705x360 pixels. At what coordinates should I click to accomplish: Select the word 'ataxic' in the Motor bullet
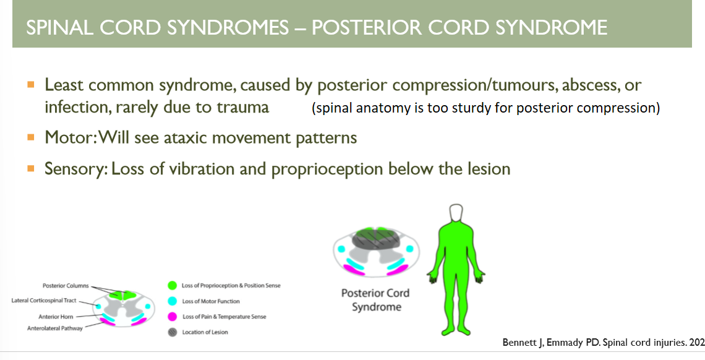180,137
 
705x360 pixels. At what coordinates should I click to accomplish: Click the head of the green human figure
458,214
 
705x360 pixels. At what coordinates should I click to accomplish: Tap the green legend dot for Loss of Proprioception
172,286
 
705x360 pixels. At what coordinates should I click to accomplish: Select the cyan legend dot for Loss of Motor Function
172,301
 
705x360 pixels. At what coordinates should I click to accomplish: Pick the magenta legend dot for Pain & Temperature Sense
172,317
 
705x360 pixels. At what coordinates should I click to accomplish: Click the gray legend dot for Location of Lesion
172,332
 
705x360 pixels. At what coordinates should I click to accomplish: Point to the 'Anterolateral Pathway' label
55,328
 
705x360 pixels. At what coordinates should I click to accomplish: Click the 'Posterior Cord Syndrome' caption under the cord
376,300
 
